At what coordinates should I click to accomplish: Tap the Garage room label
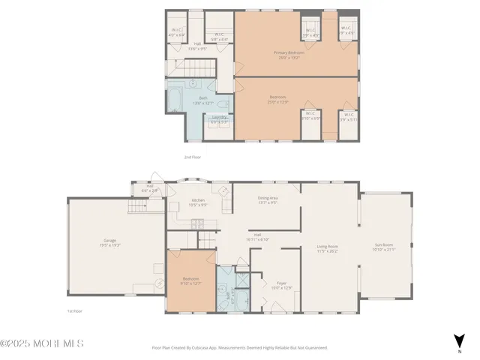pos(103,241)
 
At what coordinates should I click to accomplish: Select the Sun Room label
pos(384,245)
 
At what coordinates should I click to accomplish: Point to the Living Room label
pos(327,245)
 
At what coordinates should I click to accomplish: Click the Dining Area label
pos(268,199)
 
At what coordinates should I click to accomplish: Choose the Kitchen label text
pos(198,200)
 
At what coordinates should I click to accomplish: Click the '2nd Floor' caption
pos(193,157)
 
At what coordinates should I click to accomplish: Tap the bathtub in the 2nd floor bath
pos(173,102)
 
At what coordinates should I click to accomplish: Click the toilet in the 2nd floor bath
pos(192,83)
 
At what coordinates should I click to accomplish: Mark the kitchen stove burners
pos(196,223)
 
